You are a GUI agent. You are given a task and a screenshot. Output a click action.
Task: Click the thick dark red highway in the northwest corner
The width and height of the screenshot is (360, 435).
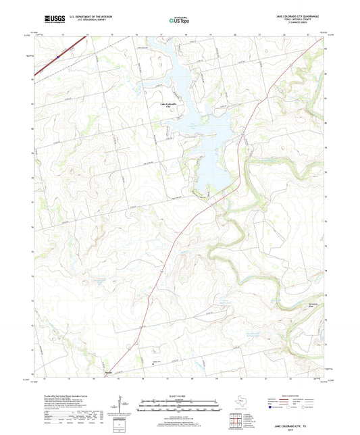click(64, 52)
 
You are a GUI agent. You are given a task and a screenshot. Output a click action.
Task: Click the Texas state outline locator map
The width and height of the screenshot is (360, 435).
click(240, 403)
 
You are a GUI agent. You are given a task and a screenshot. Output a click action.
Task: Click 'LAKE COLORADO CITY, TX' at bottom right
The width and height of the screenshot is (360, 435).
click(299, 428)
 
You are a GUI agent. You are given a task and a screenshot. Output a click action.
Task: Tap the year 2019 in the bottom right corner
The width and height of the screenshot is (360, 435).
click(299, 432)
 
